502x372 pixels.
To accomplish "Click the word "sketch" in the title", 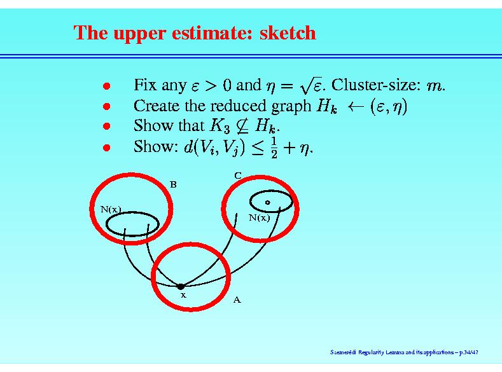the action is [x=288, y=32].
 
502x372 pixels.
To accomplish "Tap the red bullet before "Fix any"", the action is [x=107, y=86].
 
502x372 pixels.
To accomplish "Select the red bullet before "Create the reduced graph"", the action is [x=107, y=106].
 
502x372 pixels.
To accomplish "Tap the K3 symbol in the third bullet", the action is [x=220, y=126].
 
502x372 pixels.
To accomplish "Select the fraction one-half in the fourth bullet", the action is [x=274, y=148].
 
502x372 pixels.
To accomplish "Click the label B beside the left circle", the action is [x=173, y=184].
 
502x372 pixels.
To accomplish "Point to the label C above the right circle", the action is [x=237, y=176].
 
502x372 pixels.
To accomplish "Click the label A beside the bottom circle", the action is [x=237, y=300].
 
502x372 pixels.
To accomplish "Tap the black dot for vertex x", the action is [x=181, y=286].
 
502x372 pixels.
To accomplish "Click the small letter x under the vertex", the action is [x=183, y=295].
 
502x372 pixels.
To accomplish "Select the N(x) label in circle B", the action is [x=111, y=209].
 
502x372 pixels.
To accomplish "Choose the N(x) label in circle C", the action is [x=260, y=218].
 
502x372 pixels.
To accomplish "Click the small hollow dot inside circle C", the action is [x=268, y=202].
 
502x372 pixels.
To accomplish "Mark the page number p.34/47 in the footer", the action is [x=469, y=352].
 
